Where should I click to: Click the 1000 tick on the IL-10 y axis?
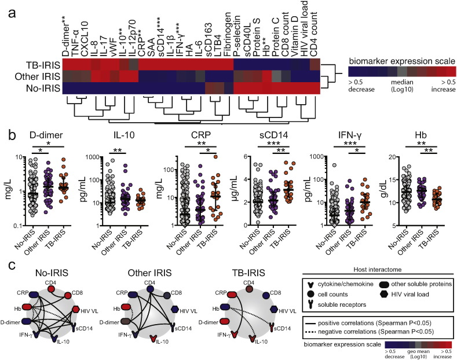click(x=89, y=156)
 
